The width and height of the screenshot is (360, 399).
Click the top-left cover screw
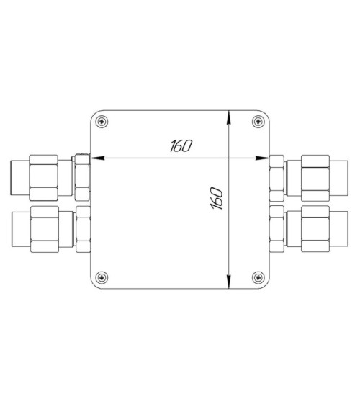(102, 122)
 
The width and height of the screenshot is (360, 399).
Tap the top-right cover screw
(258, 122)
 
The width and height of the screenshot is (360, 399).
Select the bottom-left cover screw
(102, 277)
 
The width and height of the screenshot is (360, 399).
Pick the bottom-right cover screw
(258, 277)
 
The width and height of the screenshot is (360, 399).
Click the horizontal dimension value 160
(181, 145)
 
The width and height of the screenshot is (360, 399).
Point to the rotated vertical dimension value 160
(217, 198)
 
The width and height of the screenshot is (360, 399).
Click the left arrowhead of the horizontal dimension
(97, 158)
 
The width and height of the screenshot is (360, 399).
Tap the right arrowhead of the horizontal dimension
(263, 158)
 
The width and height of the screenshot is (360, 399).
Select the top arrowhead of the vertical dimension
(229, 117)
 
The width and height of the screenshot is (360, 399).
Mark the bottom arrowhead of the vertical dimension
(229, 282)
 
